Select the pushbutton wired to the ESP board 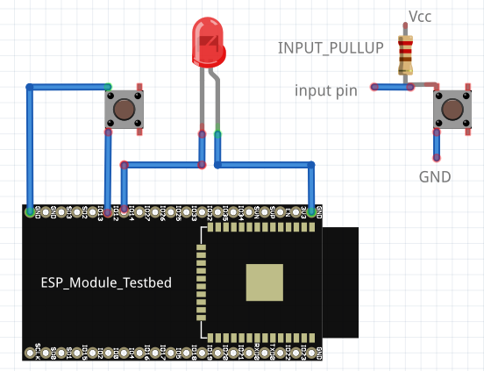click(124, 109)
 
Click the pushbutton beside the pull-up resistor click(452, 109)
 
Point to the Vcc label click(420, 17)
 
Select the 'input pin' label click(325, 89)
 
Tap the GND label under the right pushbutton click(435, 177)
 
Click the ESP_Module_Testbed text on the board click(106, 282)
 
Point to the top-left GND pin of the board click(31, 211)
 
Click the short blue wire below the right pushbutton click(436, 146)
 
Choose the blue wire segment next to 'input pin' click(391, 87)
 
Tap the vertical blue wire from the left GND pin click(31, 149)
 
